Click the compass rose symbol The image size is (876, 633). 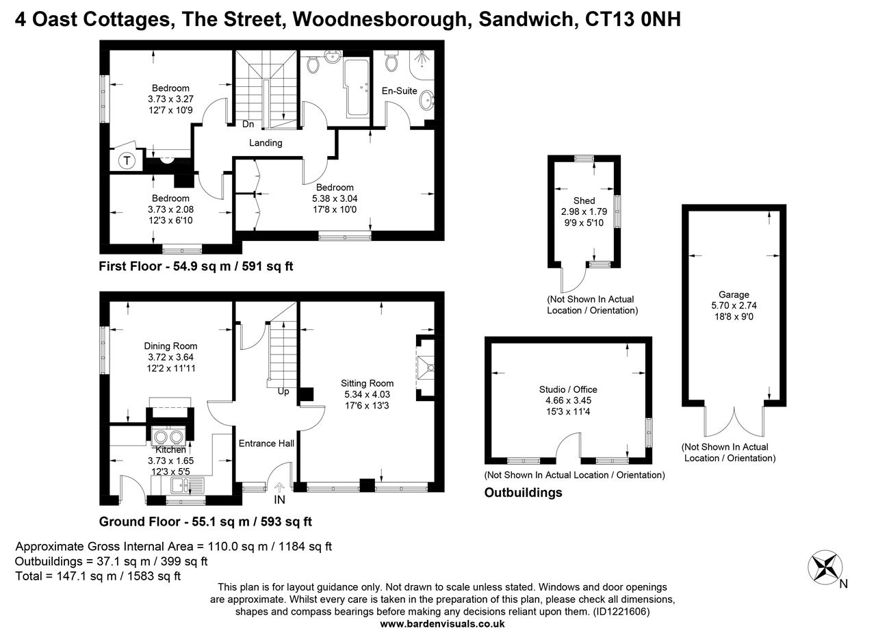(825, 568)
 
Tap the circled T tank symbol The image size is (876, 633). (127, 162)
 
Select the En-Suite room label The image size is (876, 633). (399, 90)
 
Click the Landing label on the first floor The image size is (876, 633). (266, 142)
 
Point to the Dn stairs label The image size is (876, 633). (248, 125)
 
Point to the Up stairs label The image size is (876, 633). (283, 391)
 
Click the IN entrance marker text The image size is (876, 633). (280, 500)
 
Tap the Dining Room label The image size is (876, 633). (170, 346)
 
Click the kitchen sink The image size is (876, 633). (186, 486)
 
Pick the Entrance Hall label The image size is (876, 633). (266, 443)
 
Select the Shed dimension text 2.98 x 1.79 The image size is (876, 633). (584, 211)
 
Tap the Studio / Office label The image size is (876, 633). (567, 389)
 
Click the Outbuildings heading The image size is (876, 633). (523, 493)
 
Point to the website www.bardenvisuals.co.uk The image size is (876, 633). (442, 623)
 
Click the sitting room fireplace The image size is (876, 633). (426, 368)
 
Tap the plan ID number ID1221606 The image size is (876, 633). (620, 611)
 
